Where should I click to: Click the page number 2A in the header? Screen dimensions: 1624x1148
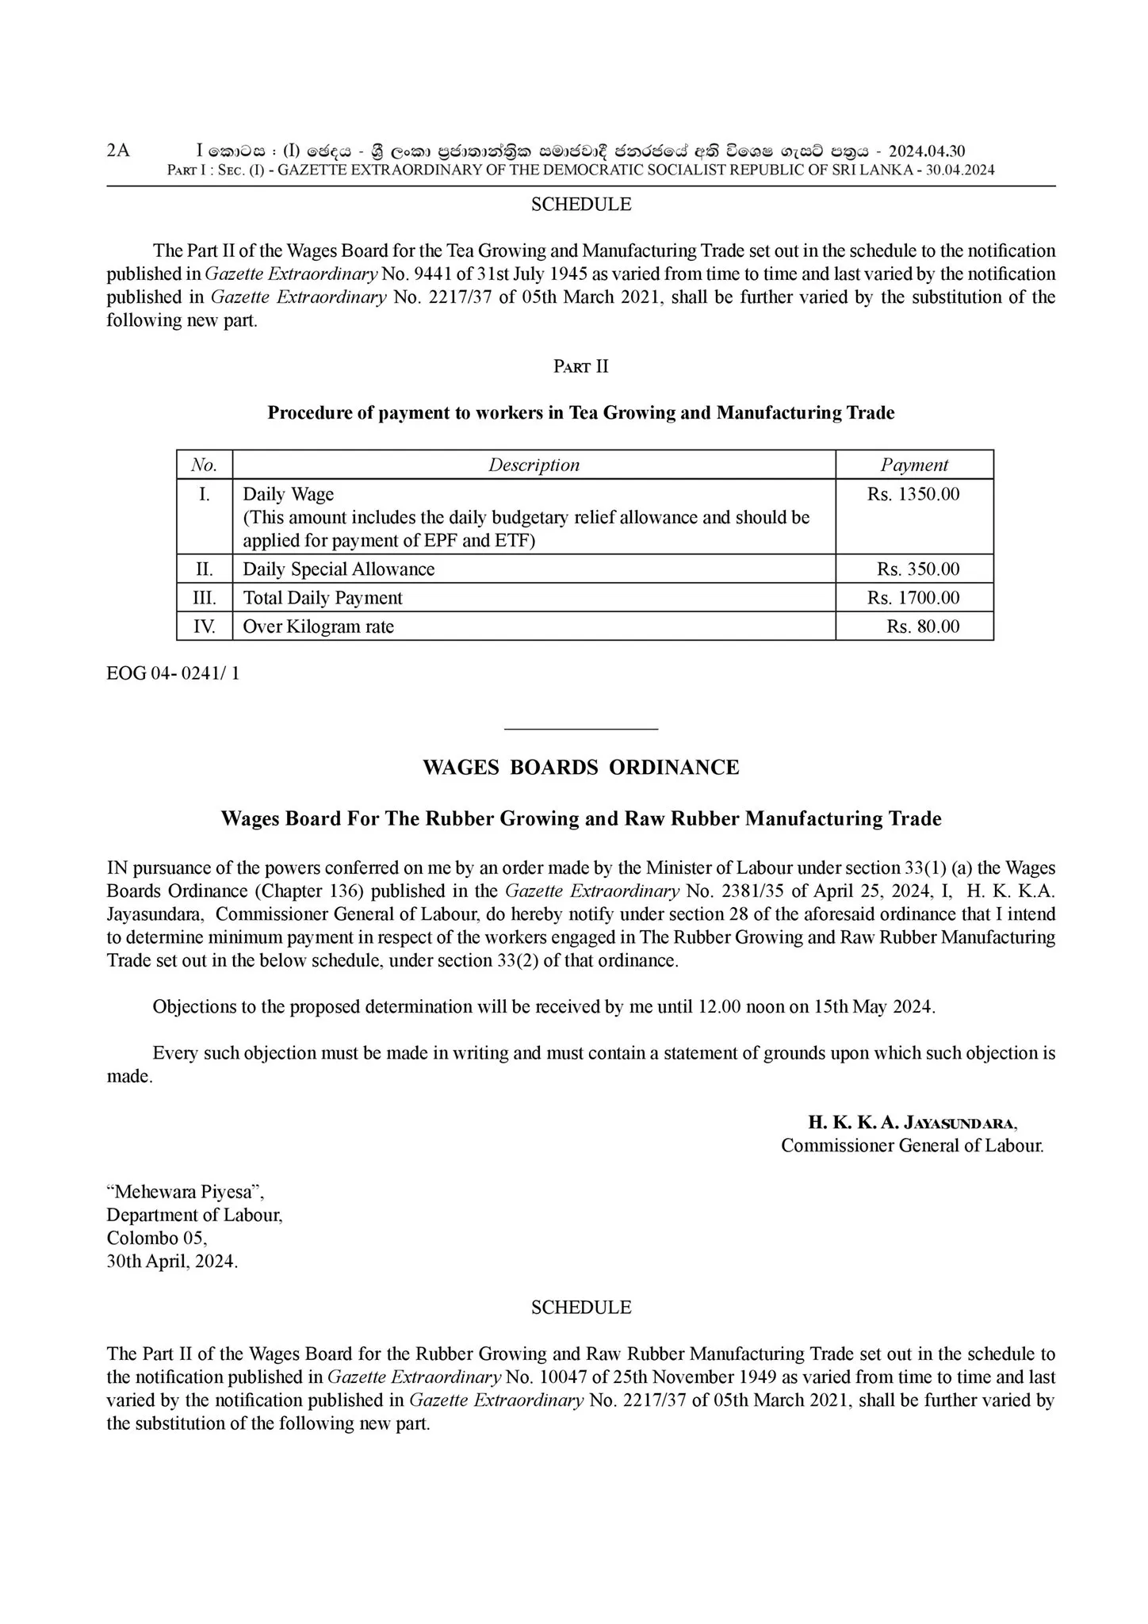coord(118,151)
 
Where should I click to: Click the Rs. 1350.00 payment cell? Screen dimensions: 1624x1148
coord(913,495)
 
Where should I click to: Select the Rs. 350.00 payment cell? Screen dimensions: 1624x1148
coord(918,569)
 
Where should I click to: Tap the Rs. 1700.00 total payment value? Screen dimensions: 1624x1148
coord(913,598)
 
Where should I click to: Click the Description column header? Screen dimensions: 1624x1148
coord(534,465)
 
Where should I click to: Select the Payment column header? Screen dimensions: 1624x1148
coord(914,465)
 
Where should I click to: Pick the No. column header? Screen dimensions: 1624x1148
coord(205,465)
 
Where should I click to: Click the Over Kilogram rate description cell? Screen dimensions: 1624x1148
coord(318,626)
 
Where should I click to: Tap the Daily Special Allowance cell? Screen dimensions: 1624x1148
coord(339,569)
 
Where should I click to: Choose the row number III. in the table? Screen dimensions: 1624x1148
coord(205,598)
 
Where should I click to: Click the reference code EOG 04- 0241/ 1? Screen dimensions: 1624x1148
coord(173,673)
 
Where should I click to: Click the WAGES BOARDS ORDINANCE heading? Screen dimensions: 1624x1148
coord(580,768)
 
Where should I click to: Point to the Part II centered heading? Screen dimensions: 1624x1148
coord(580,366)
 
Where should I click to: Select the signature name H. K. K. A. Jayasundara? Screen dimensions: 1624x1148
coord(913,1122)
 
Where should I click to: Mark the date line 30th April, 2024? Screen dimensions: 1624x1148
coord(172,1262)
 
